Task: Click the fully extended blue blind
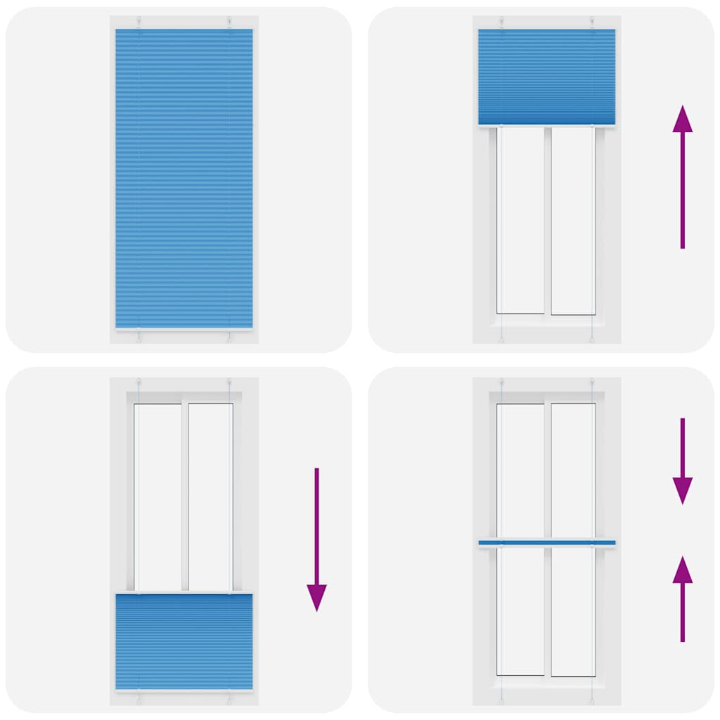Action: (x=184, y=176)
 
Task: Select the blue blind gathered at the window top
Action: (x=546, y=76)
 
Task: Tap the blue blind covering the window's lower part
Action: (x=184, y=641)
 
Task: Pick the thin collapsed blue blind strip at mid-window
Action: (x=546, y=543)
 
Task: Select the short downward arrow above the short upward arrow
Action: (x=682, y=461)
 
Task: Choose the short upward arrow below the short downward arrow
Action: (x=682, y=598)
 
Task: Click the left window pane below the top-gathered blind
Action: (x=520, y=220)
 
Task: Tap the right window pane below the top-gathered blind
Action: (x=573, y=220)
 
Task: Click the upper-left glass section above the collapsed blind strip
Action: (x=520, y=470)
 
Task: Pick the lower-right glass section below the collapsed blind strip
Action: (x=573, y=610)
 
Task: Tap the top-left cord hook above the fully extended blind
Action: (x=139, y=21)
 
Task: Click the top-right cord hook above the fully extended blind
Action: (x=229, y=21)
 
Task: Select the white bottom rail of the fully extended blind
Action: (x=184, y=329)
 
